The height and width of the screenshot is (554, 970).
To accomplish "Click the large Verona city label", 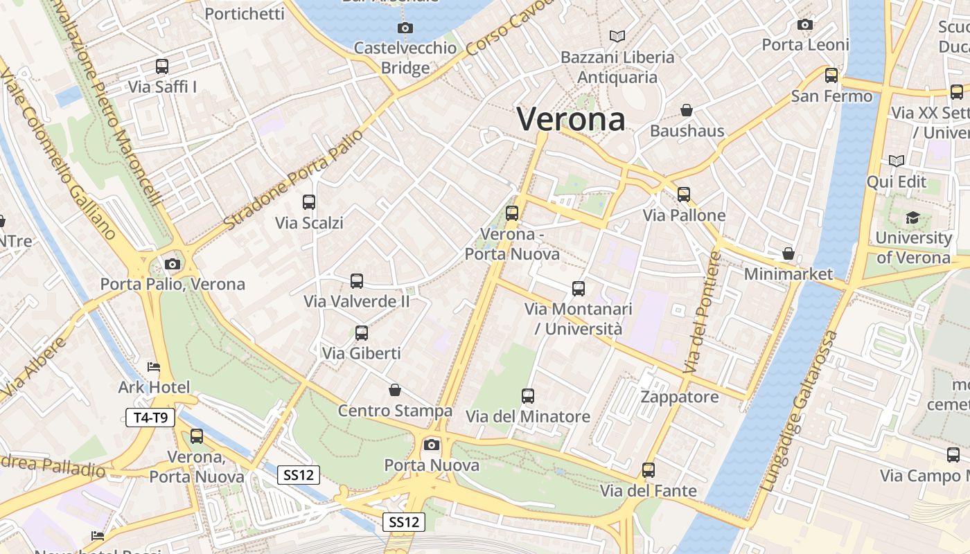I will tap(571, 119).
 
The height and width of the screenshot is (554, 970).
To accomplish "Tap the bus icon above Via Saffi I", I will tap(162, 66).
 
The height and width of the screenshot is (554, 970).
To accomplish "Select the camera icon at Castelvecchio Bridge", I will tap(405, 28).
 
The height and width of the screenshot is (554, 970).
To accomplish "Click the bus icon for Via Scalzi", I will tap(309, 202).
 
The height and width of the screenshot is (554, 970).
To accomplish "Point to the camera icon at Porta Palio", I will tap(173, 264).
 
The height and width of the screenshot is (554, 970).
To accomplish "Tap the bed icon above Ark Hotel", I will tap(154, 366).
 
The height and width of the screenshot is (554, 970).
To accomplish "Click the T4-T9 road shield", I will tap(150, 418).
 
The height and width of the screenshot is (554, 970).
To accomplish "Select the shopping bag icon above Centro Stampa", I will tap(395, 391).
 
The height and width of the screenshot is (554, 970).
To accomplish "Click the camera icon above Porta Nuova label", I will tap(432, 445).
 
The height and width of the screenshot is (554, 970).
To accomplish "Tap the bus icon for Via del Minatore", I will tap(528, 396).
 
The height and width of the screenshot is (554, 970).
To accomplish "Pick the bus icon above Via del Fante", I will tap(649, 470).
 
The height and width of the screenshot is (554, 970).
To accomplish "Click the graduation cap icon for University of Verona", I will tap(912, 217).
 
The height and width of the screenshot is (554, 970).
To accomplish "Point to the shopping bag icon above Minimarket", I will tap(788, 253).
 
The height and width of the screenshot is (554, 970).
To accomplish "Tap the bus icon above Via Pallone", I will tap(684, 195).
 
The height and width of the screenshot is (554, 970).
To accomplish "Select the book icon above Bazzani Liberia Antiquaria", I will tap(617, 36).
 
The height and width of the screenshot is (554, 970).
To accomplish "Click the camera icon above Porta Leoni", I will tap(805, 25).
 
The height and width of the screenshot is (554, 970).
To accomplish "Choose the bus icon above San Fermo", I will tap(831, 75).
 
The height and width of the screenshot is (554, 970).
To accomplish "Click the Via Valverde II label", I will tap(357, 302).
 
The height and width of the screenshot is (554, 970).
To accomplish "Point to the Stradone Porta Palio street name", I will tap(294, 179).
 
